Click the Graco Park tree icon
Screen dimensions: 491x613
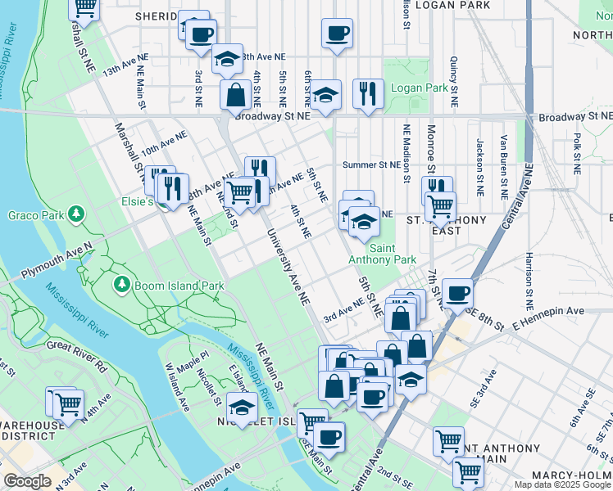pyautogui.click(x=76, y=214)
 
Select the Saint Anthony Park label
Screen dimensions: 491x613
pyautogui.click(x=382, y=254)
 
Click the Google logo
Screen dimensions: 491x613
pyautogui.click(x=28, y=481)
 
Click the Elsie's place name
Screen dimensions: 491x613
pyautogui.click(x=138, y=201)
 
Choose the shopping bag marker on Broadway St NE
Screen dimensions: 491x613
pyautogui.click(x=235, y=94)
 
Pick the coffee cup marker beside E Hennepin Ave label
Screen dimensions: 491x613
pyautogui.click(x=457, y=292)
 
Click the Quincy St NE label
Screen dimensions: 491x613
pyautogui.click(x=453, y=82)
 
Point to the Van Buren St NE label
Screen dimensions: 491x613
pyautogui.click(x=504, y=159)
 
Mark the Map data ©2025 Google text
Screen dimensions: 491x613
pyautogui.click(x=561, y=484)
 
